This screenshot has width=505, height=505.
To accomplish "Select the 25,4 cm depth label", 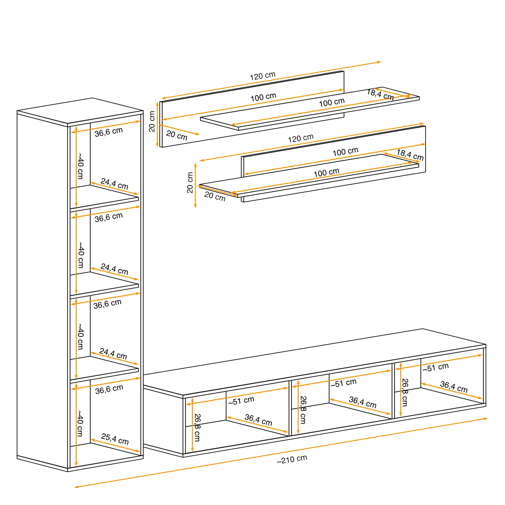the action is click(x=115, y=439).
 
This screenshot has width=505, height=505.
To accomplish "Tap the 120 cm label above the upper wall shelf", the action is click(x=263, y=76).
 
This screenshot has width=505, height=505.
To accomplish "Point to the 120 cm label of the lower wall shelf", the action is click(x=301, y=138).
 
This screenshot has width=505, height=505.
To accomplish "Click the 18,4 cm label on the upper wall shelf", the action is click(x=380, y=94).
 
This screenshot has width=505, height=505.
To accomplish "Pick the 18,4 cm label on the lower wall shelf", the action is click(x=410, y=155).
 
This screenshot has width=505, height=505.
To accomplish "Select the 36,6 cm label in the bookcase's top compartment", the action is click(x=109, y=132).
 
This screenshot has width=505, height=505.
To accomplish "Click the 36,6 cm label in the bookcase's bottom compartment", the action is click(x=109, y=389).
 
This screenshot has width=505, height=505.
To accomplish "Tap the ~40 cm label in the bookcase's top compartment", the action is click(x=81, y=166).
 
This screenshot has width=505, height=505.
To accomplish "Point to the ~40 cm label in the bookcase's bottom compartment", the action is click(x=80, y=423).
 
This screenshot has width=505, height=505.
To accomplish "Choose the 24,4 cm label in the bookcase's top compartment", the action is click(x=114, y=184).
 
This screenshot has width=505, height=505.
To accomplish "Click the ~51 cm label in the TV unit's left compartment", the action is click(x=241, y=401).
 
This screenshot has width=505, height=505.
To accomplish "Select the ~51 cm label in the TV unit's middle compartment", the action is click(x=343, y=383).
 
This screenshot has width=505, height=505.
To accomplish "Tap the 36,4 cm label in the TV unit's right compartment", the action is click(x=454, y=387).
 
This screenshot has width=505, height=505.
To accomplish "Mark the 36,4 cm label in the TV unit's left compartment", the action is click(x=259, y=420).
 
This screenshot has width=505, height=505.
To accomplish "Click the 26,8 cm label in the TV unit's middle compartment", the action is click(x=303, y=410).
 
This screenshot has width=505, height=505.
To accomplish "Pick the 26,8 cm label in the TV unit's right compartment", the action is click(x=405, y=393).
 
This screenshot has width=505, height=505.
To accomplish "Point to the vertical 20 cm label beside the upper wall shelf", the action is click(x=152, y=121).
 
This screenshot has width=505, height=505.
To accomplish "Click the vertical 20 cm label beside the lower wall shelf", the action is click(x=190, y=183).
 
